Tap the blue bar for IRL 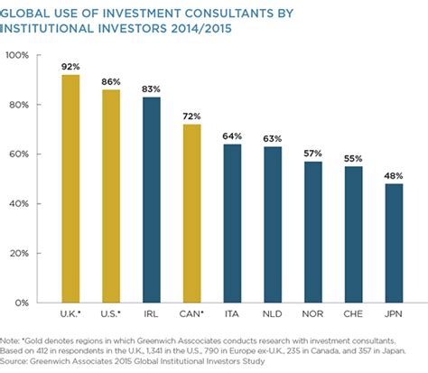pos(151,200)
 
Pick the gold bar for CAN pos(191,213)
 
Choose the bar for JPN pos(394,243)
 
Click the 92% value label pos(70,65)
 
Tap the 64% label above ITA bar pos(232,135)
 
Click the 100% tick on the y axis pos(18,56)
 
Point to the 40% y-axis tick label pos(20,203)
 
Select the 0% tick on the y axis pos(23,302)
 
